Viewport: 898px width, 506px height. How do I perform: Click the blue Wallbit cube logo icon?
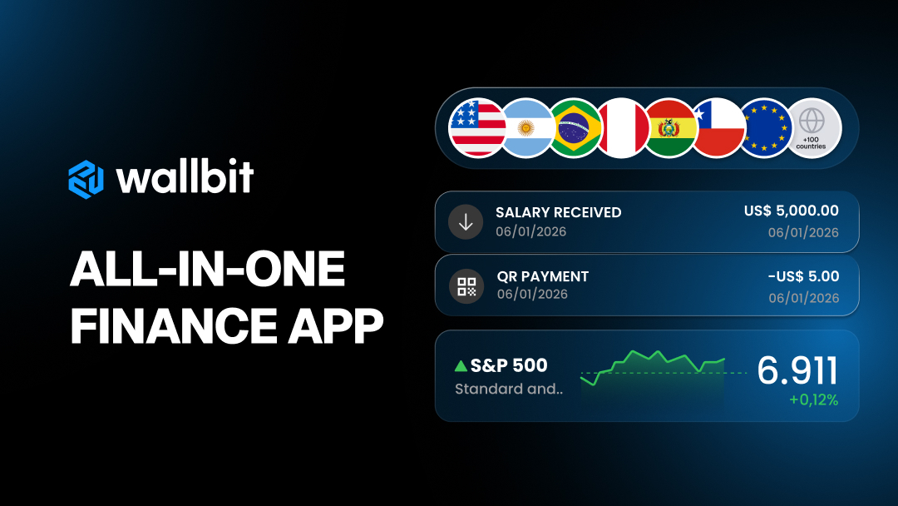pos(86,180)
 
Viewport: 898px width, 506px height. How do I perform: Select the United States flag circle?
pos(477,128)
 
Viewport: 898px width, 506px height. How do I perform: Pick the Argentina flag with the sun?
pos(526,128)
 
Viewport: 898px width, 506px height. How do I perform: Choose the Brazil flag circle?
pos(575,128)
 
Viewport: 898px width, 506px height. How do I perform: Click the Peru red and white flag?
pos(623,128)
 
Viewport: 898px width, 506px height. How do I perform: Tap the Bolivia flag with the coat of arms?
pos(669,128)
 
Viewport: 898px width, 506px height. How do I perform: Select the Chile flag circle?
pos(718,128)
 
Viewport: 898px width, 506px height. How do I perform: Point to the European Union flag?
pos(766,128)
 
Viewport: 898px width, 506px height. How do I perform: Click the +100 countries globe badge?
pos(812,128)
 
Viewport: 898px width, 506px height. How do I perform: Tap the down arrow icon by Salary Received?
pos(466,221)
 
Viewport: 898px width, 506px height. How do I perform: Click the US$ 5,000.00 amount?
pos(792,211)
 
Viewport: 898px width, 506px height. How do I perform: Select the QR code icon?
pos(466,286)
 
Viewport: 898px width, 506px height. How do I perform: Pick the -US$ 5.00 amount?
pos(803,276)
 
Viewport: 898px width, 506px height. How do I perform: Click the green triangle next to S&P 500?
pos(461,365)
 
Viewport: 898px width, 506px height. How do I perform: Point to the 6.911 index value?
pos(797,370)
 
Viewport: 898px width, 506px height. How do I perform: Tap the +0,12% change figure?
pos(814,400)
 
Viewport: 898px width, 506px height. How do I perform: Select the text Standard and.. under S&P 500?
pos(509,389)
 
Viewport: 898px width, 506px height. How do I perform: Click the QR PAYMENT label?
pos(543,276)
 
